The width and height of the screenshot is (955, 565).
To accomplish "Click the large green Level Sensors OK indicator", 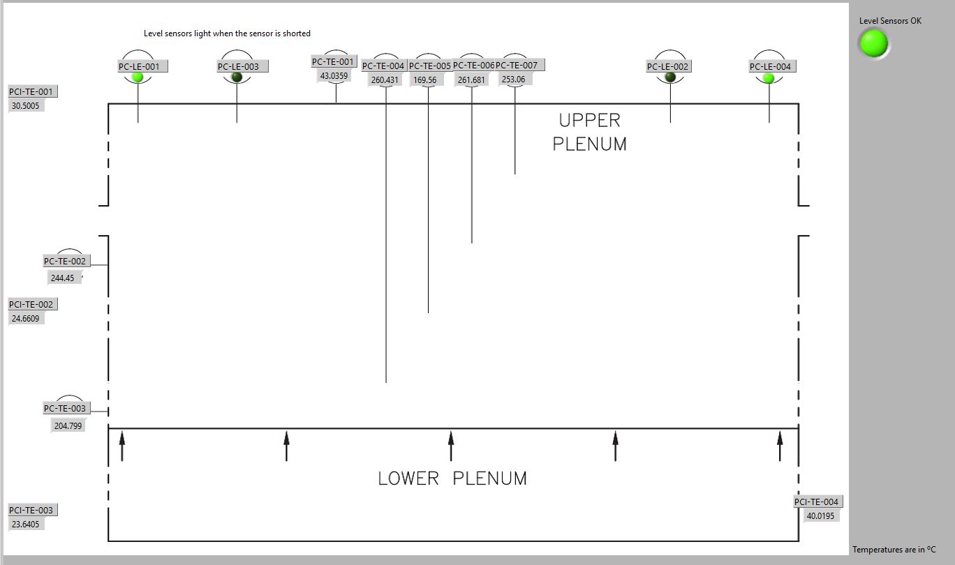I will (x=873, y=44).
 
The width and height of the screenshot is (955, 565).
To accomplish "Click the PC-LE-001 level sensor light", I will (x=138, y=77).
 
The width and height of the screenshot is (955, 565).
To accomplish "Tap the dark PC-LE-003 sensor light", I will (x=237, y=77).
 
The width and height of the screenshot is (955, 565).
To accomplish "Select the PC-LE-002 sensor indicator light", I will (x=671, y=77).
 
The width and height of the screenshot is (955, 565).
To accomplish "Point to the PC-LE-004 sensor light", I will (x=769, y=77).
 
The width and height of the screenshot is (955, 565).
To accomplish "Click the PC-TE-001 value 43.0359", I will (x=334, y=76).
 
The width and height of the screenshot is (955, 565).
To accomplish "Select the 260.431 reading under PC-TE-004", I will (x=385, y=80).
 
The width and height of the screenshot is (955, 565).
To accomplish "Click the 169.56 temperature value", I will (x=424, y=80).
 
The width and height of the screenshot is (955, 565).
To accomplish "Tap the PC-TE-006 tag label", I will (x=473, y=66).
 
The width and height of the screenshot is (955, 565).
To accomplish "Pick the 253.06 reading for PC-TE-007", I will (x=513, y=80).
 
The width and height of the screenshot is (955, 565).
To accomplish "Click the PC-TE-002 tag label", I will (x=65, y=262).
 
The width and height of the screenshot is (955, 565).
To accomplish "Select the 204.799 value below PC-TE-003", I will (x=68, y=426).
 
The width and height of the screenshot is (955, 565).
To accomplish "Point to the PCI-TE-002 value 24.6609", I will (x=26, y=319).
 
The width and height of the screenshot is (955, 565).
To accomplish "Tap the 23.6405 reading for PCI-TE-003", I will (x=26, y=525).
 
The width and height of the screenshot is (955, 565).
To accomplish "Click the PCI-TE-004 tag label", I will (x=816, y=502).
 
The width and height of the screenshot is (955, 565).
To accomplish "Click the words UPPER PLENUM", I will (x=590, y=132).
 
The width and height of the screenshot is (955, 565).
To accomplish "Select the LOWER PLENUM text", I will (x=452, y=479).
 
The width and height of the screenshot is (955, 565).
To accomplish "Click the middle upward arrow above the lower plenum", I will (x=451, y=446).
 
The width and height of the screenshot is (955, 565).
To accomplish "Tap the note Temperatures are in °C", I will (x=894, y=550).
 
